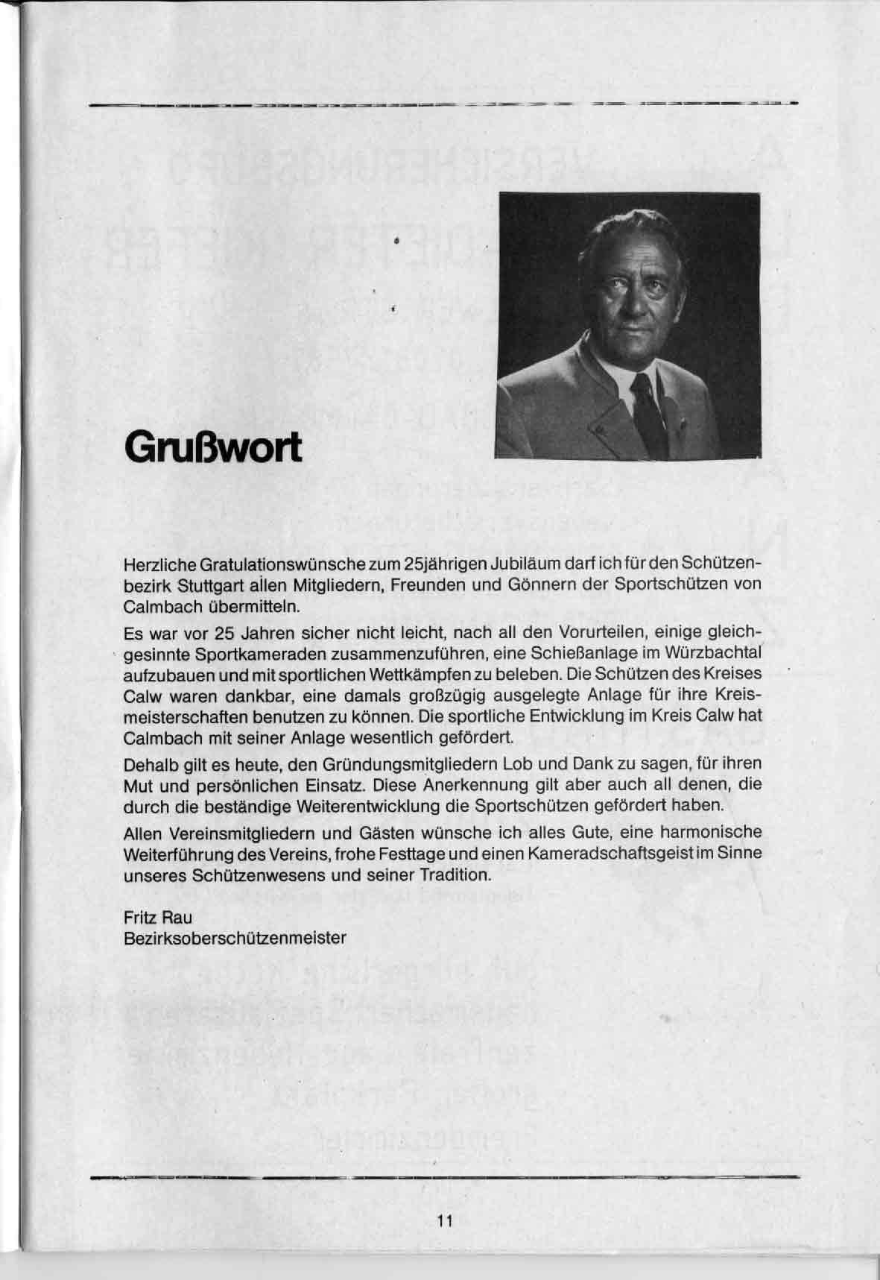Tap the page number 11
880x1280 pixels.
pos(445,1220)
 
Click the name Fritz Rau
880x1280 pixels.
pos(158,918)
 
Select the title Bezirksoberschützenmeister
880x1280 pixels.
pos(235,938)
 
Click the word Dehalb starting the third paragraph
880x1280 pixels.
pos(146,765)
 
